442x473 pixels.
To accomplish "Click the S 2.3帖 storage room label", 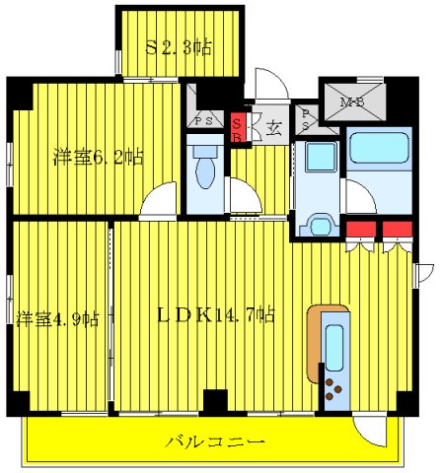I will pyautogui.click(x=180, y=45).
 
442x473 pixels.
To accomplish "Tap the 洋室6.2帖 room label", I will pyautogui.click(x=99, y=156).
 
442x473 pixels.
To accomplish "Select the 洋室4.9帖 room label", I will pyautogui.click(x=57, y=318).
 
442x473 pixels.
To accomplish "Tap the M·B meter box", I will pyautogui.click(x=351, y=101).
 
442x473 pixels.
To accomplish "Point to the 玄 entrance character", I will pyautogui.click(x=273, y=126).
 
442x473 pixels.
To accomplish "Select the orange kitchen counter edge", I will pyautogui.click(x=316, y=345).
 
